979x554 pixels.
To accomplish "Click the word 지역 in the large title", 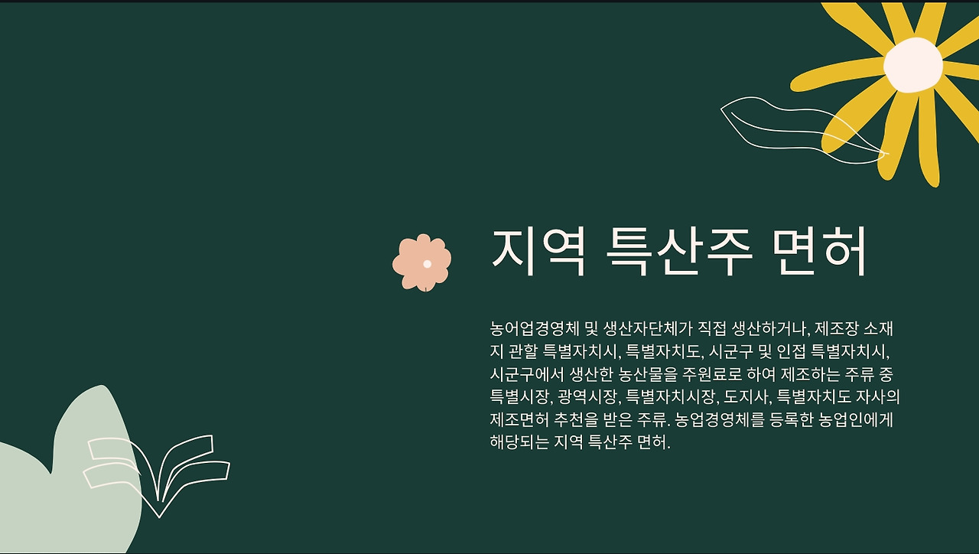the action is pos(538,252).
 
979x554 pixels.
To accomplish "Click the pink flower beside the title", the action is pos(421,262).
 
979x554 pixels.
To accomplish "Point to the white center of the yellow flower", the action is pos(913,65).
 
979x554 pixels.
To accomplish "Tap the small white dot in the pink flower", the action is pos(428,264).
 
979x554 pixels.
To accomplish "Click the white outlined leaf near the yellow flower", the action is pos(804,130).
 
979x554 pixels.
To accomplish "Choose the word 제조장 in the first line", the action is pos(837,328).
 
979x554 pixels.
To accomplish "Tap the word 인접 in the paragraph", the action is pos(791,351).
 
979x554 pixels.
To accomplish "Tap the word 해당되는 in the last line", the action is pos(519,442).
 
